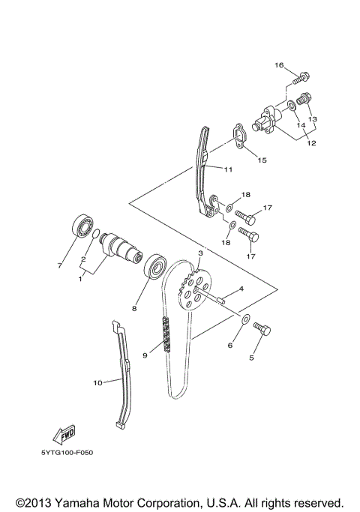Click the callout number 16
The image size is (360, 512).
279,66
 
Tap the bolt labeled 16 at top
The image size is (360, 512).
301,76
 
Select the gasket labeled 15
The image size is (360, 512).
238,137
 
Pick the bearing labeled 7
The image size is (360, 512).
82,226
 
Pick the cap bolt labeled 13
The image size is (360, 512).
304,98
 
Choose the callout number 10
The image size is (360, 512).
97,383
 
